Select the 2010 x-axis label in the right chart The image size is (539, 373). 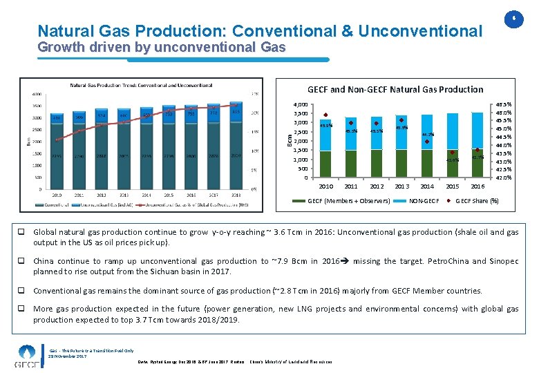click(326, 186)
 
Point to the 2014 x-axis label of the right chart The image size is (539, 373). click(427, 186)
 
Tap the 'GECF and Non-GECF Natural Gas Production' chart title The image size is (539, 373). click(395, 89)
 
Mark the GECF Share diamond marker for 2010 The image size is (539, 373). click(325, 115)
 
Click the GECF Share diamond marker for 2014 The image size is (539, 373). click(427, 142)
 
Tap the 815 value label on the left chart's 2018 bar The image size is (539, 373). click(236, 112)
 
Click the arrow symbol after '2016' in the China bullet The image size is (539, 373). click(345, 262)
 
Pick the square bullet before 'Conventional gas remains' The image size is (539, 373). click(23, 291)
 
